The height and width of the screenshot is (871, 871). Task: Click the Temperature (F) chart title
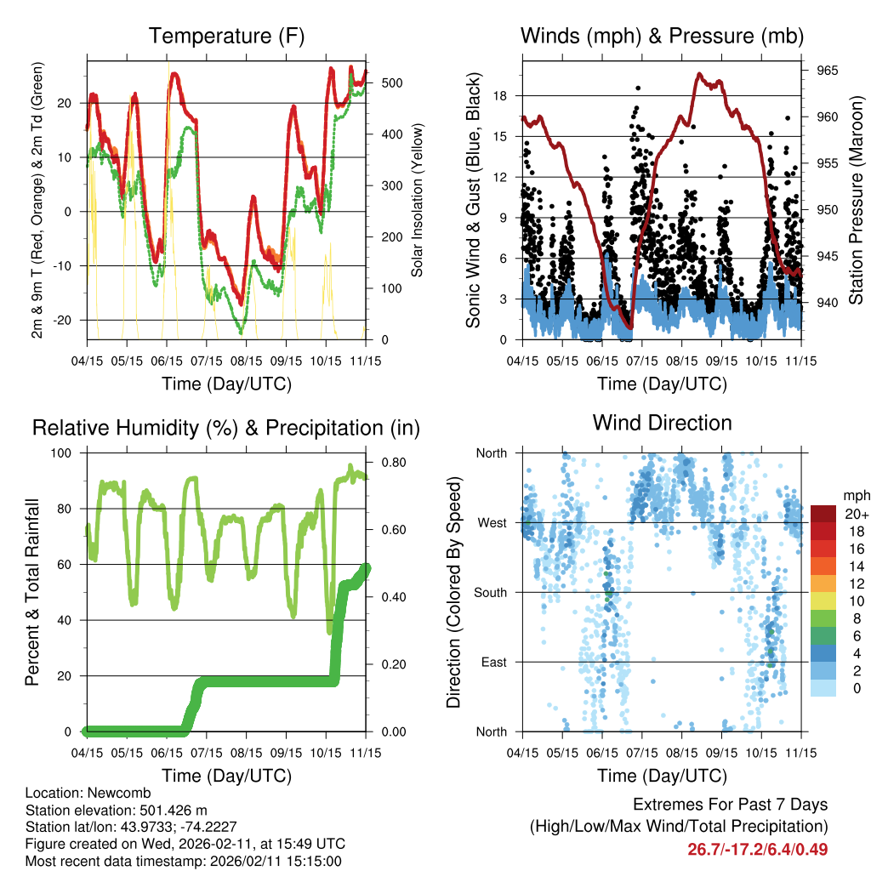(226, 36)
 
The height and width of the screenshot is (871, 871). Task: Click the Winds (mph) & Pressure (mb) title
(662, 36)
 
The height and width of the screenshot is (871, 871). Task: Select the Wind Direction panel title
(662, 422)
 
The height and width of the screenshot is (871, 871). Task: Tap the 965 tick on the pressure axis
(827, 71)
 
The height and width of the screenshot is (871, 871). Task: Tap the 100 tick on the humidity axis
(68, 453)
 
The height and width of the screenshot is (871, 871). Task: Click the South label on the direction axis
(491, 592)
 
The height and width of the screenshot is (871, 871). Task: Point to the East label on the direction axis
(493, 662)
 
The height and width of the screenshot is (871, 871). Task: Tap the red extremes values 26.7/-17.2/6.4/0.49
(757, 849)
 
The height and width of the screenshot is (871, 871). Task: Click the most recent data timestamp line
(183, 861)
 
